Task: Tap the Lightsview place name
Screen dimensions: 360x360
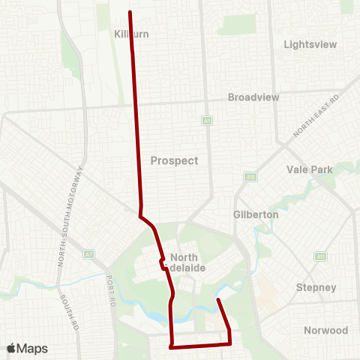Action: tap(310, 44)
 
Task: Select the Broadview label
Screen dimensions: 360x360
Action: tap(253, 97)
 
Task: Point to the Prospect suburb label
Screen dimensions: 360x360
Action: tap(174, 160)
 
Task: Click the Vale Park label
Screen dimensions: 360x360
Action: tap(309, 169)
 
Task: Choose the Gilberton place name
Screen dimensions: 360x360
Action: tap(256, 214)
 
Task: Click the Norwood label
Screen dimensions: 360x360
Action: tap(325, 330)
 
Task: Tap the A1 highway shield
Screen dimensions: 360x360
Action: tap(205, 120)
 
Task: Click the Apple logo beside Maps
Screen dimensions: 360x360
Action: tap(12, 349)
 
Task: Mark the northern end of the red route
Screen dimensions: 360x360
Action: tap(130, 12)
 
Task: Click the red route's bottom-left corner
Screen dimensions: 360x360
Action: tap(172, 347)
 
